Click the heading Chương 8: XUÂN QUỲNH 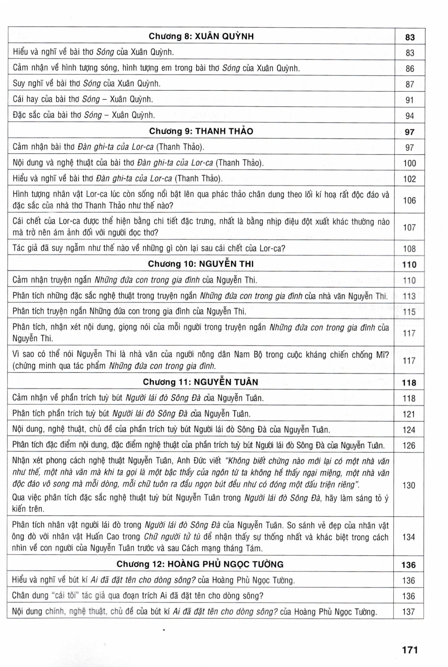click(201, 36)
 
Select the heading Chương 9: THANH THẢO click(201, 131)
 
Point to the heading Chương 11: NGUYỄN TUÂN click(200, 382)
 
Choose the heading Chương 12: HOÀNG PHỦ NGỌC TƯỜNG click(200, 564)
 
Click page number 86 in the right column click(410, 69)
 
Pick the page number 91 click(410, 100)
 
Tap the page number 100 click(409, 163)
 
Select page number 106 click(409, 201)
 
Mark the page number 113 click(409, 296)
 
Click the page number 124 click(409, 430)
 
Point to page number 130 click(409, 486)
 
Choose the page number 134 click(409, 537)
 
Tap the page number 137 click(408, 612)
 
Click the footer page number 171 click(410, 650)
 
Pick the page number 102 click(409, 179)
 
